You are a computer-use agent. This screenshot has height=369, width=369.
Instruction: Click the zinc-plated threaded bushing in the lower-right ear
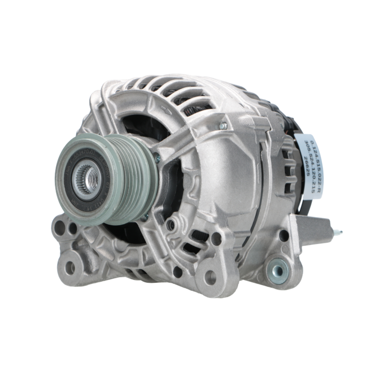278,271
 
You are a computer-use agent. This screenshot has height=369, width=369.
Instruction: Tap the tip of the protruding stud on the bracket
341,233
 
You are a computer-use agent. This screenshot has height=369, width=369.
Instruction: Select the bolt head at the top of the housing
223,126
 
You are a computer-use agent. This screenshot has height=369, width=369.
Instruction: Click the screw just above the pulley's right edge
158,158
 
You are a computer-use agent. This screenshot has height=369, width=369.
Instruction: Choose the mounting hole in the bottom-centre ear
210,277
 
